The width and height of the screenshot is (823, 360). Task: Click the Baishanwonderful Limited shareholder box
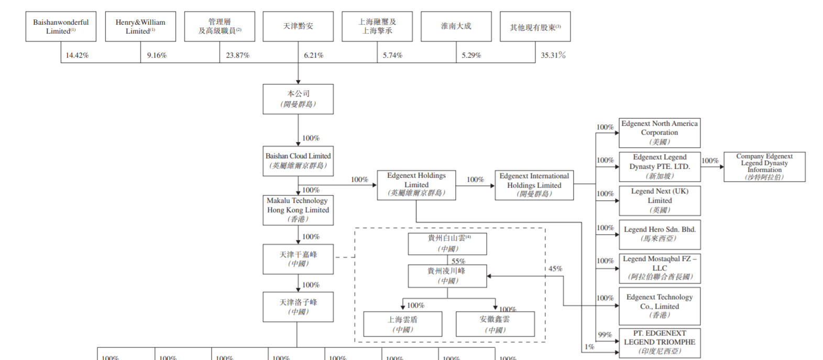[x=61, y=26]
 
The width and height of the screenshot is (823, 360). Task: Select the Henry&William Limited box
[x=140, y=26]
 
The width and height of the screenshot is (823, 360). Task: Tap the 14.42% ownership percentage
[x=77, y=55]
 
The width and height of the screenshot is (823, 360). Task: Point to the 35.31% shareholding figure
[x=553, y=55]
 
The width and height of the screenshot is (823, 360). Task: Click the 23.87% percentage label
[x=237, y=55]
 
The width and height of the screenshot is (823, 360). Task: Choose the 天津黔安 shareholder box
[x=298, y=26]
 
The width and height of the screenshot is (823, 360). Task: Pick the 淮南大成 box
[x=456, y=26]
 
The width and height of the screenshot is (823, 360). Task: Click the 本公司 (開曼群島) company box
[x=298, y=99]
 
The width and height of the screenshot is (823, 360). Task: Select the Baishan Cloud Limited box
[x=298, y=161]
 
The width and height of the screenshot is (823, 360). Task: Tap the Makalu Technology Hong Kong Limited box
[x=298, y=210]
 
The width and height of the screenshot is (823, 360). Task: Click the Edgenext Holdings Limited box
[x=416, y=185]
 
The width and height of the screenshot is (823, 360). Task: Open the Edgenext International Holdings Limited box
[x=534, y=185]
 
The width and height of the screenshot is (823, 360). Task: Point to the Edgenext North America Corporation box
[x=660, y=133]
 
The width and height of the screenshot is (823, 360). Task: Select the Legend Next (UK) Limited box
[x=660, y=201]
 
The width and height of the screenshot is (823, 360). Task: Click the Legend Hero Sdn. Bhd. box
[x=660, y=234]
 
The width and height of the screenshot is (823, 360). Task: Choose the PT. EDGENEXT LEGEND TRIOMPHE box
[x=660, y=343]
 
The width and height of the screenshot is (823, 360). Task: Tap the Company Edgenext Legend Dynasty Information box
[x=764, y=167]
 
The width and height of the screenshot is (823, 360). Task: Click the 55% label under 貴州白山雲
[x=458, y=261]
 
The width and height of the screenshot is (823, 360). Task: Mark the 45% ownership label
[x=555, y=269]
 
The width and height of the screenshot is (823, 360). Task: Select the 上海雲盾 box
[x=403, y=324]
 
